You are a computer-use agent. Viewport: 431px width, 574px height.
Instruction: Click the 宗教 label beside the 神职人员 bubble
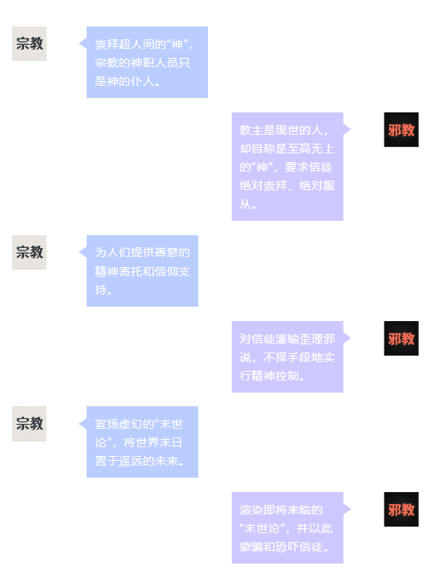tap(29, 43)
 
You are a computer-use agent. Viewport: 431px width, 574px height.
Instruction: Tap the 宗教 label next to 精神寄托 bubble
tap(29, 252)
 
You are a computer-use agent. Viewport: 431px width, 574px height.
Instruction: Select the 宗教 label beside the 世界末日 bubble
tap(29, 424)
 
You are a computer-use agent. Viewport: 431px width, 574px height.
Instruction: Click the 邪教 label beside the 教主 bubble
tap(401, 129)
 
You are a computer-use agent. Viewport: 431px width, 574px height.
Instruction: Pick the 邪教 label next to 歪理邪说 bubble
tap(401, 338)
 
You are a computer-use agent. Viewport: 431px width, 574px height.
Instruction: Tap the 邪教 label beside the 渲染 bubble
tap(401, 509)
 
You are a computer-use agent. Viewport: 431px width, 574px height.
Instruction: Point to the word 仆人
tap(143, 81)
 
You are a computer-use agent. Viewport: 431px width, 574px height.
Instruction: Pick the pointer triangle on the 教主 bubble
tap(347, 129)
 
